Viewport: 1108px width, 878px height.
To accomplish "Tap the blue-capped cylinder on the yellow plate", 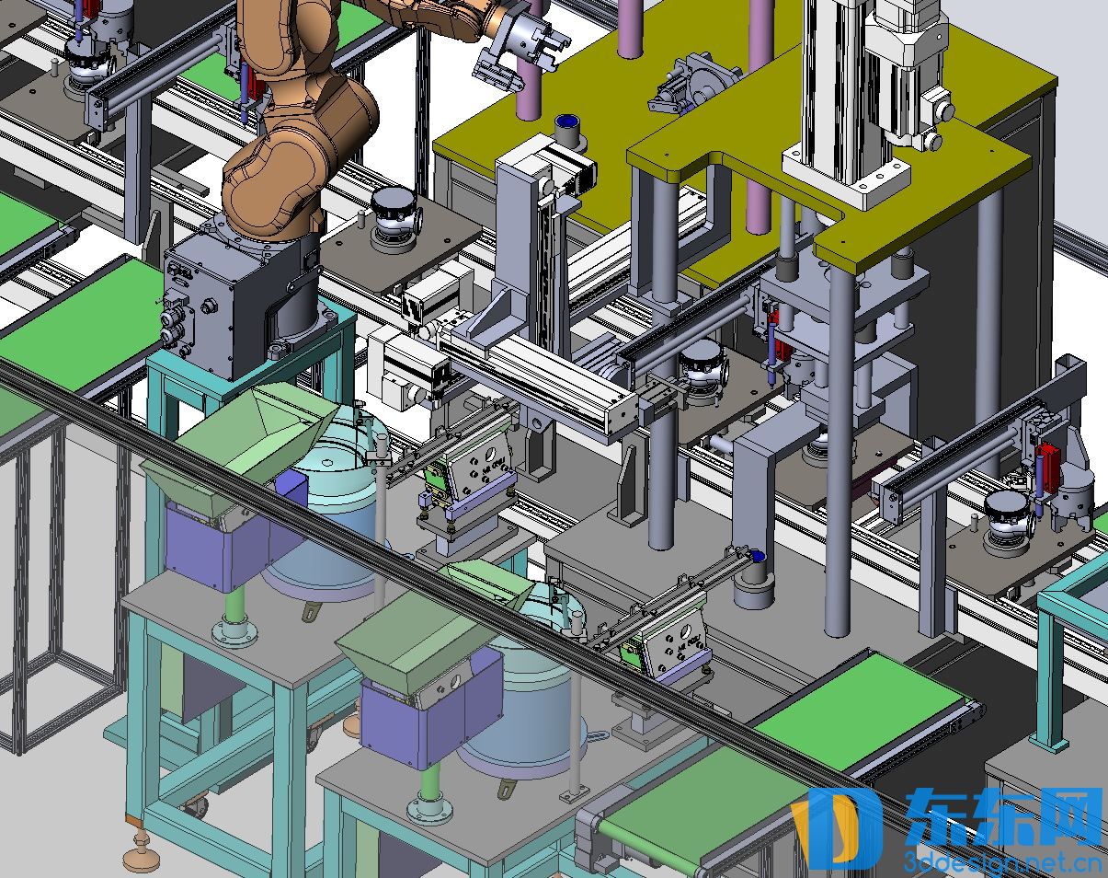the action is [568, 129].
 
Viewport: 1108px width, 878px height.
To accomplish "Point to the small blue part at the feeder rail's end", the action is [756, 556].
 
